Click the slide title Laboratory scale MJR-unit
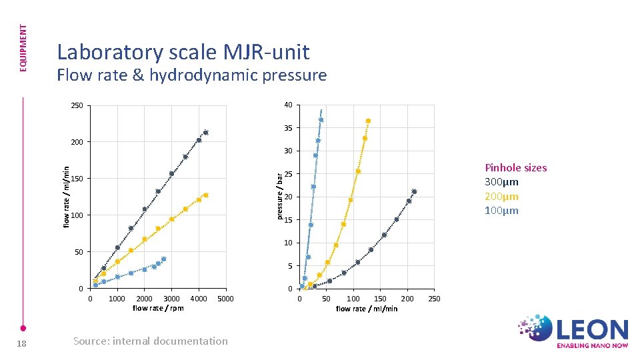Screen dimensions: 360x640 [183, 51]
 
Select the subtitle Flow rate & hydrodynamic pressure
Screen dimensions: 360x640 [192, 75]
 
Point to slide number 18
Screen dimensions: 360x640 [22, 342]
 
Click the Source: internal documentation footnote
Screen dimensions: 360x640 [151, 341]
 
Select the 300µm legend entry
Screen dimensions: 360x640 [502, 182]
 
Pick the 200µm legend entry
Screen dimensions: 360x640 [502, 197]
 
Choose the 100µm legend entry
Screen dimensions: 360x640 [502, 211]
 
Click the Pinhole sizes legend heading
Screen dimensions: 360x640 [515, 167]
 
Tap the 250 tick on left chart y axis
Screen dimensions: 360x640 [77, 106]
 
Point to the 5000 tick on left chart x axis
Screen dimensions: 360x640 [226, 299]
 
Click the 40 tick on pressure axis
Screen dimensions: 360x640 [287, 105]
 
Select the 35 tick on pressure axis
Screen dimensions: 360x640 [287, 128]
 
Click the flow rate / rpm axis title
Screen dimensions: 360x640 [158, 308]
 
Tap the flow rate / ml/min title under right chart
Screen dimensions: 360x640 [367, 309]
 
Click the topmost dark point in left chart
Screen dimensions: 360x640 [206, 133]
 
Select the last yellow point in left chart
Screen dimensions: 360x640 [206, 195]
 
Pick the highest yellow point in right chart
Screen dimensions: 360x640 [368, 121]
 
